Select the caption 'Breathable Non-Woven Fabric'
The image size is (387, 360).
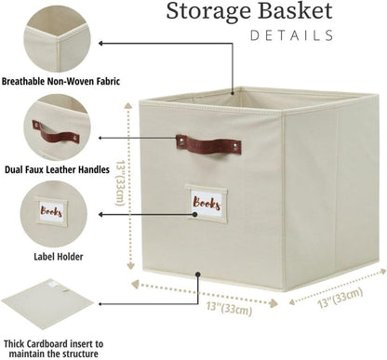(61, 81)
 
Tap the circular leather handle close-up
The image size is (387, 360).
(60, 128)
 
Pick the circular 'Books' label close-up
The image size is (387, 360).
(60, 215)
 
